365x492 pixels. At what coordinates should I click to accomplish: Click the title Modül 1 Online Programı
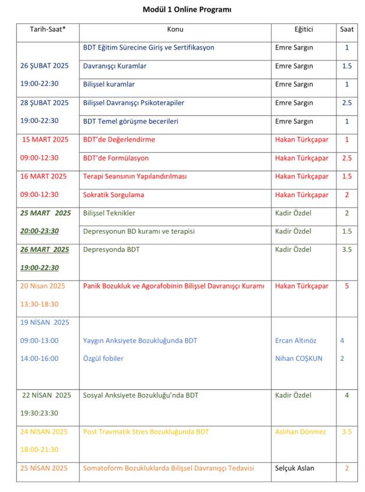pos(182,9)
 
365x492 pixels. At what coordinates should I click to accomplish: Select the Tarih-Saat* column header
pos(48,30)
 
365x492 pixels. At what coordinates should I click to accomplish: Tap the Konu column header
pos(175,30)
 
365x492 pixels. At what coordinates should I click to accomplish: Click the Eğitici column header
pos(303,30)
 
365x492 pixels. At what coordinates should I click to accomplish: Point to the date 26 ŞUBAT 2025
pos(44,66)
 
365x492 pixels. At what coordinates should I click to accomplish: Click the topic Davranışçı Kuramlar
pos(115,66)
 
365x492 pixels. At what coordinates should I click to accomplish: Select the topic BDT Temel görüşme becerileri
pos(131,121)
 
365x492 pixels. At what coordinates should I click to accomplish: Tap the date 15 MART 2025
pos(45,139)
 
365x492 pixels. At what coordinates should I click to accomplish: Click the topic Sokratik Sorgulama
pos(113,195)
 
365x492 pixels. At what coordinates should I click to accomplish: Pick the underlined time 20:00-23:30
pos(40,231)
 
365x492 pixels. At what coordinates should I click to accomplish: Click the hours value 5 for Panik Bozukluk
pos(347,286)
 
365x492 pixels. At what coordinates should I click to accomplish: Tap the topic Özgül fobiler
pos(103,359)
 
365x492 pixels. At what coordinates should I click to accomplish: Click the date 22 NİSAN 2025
pos(47,395)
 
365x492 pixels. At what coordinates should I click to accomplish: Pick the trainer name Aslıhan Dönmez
pos(301,431)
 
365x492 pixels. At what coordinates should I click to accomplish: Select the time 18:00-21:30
pos(40,450)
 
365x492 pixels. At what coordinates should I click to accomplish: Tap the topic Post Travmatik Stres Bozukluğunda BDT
pos(146,431)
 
